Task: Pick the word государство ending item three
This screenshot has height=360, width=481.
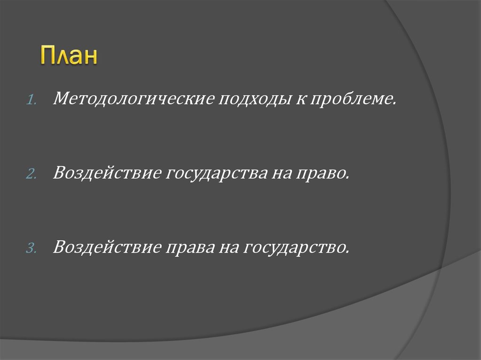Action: coord(295,247)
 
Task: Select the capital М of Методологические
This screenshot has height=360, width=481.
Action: coord(62,99)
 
